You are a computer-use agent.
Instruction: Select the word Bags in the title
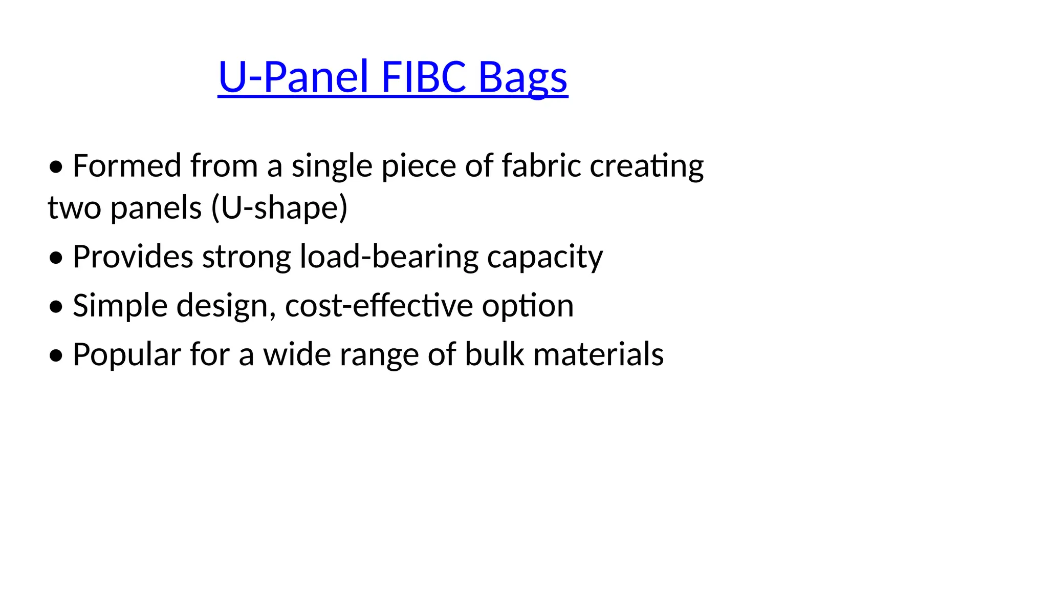point(523,78)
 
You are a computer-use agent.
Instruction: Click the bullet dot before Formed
point(56,167)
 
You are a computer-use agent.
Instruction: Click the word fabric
point(541,166)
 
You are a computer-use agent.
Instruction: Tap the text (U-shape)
point(279,208)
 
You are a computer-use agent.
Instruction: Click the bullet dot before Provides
point(56,257)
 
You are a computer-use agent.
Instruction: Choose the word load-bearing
point(389,257)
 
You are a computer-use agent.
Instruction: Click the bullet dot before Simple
point(56,306)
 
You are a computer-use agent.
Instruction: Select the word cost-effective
point(379,306)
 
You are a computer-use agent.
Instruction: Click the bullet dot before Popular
point(56,355)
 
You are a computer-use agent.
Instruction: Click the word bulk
point(494,354)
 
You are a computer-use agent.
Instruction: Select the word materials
point(598,354)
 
